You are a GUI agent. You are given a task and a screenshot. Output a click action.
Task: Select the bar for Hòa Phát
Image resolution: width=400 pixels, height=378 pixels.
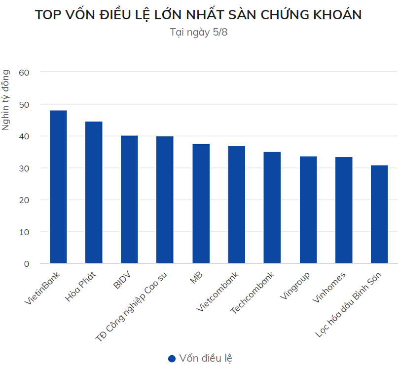pyautogui.click(x=94, y=192)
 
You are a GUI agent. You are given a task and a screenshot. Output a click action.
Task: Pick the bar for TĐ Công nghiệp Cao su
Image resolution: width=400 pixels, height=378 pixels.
pyautogui.click(x=165, y=200)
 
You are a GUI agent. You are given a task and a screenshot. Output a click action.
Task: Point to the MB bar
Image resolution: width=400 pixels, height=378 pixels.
pyautogui.click(x=201, y=203)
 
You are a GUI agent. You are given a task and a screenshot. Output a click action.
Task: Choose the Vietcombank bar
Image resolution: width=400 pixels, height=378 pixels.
pyautogui.click(x=236, y=205)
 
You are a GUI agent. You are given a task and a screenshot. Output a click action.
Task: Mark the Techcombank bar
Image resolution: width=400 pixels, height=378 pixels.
pyautogui.click(x=272, y=208)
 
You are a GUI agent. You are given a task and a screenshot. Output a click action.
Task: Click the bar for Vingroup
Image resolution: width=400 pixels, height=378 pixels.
pyautogui.click(x=308, y=210)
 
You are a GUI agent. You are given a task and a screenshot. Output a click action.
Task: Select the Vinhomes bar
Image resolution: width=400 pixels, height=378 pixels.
pyautogui.click(x=344, y=210)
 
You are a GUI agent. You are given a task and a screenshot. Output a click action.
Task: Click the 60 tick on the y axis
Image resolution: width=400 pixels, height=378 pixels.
pyautogui.click(x=24, y=72)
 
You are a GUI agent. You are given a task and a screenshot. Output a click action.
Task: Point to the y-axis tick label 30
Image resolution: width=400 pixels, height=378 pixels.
pyautogui.click(x=24, y=168)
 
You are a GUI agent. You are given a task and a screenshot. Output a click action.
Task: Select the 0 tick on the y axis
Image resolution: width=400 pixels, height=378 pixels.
pyautogui.click(x=27, y=264)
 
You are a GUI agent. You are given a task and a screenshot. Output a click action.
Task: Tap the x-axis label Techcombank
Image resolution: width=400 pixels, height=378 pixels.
pyautogui.click(x=253, y=293)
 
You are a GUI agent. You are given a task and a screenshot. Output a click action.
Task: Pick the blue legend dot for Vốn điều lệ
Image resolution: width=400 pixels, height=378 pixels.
pyautogui.click(x=172, y=359)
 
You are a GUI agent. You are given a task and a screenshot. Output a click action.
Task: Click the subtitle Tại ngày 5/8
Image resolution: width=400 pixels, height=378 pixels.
pyautogui.click(x=199, y=33)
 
